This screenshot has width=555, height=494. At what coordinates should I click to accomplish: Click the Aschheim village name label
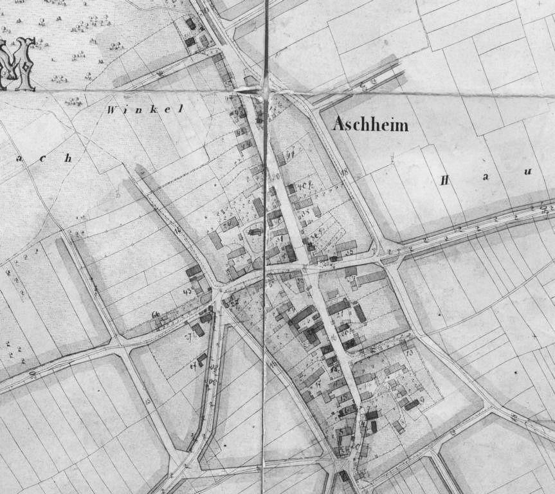point(370,125)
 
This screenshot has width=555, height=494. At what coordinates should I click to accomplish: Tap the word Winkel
point(145,110)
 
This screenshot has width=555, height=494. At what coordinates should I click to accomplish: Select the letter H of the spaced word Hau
point(444,180)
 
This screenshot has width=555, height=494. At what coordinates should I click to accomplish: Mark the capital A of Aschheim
point(338,125)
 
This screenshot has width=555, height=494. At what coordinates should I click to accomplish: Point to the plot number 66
point(156,314)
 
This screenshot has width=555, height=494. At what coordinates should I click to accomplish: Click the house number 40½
point(304,187)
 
